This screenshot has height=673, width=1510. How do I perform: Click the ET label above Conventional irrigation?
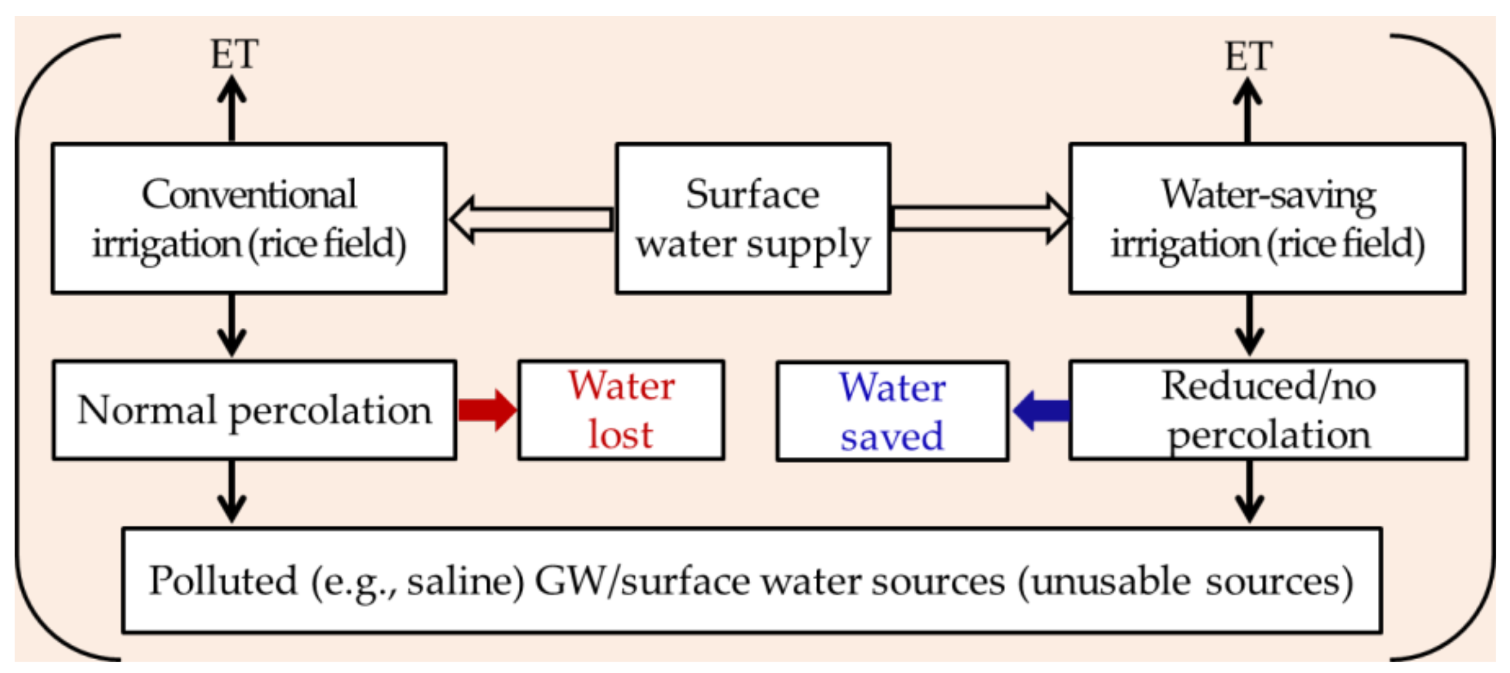[x=234, y=54]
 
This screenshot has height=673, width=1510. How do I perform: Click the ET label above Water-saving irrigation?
[x=1248, y=57]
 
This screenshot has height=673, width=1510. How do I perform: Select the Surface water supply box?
[x=752, y=218]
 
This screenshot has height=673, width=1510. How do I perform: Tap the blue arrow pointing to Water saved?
[x=1041, y=410]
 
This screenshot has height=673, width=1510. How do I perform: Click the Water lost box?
[x=620, y=410]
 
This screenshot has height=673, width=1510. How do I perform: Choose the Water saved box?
[x=891, y=412]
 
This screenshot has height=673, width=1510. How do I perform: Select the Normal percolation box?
[x=254, y=410]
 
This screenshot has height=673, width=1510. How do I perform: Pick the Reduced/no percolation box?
[x=1267, y=410]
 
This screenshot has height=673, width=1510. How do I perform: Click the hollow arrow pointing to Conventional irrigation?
[x=531, y=219]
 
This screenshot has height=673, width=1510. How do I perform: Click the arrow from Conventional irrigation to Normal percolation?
[x=232, y=325]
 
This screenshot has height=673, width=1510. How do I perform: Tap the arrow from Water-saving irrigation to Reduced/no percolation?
[x=1249, y=325]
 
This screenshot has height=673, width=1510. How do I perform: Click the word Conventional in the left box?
[x=249, y=194]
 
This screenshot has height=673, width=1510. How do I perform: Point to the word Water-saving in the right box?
[x=1268, y=196]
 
